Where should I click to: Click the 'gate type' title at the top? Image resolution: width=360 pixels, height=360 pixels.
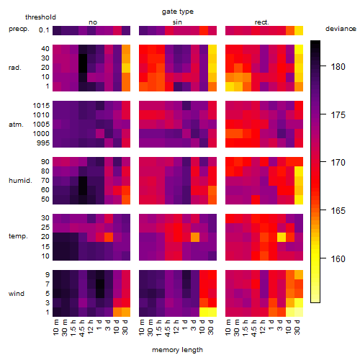[178, 12]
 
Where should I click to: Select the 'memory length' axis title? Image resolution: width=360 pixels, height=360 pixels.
[177, 350]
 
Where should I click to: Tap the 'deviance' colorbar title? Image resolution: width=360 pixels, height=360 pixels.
[341, 29]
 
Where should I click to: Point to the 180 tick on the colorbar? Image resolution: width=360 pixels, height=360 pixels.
[323, 66]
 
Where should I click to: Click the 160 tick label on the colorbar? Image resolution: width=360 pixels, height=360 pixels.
[338, 258]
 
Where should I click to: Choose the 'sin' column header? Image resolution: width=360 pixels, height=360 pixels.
[177, 22]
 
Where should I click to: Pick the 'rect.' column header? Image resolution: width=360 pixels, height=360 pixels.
[262, 22]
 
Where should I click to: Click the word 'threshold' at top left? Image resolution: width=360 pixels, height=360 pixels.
[40, 17]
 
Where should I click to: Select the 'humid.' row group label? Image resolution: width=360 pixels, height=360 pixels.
[20, 181]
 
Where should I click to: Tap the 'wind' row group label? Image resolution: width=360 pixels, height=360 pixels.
[17, 294]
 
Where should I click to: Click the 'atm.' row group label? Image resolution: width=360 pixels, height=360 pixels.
[16, 125]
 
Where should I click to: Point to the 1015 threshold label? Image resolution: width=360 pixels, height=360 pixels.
[41, 106]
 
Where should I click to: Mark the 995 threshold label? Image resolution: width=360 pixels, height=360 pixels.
[43, 143]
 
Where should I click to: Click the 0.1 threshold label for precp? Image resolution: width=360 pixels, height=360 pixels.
[44, 30]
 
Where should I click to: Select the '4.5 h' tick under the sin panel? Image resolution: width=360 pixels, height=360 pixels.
[168, 328]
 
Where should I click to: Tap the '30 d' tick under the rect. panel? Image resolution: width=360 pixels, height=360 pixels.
[297, 327]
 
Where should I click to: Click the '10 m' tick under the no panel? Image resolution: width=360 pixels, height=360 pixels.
[56, 328]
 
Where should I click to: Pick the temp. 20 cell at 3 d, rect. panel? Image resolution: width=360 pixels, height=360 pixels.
[282, 237]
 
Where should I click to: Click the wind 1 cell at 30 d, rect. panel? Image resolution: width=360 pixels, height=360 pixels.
[299, 312]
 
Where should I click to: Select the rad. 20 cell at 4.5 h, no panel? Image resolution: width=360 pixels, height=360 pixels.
[83, 68]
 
